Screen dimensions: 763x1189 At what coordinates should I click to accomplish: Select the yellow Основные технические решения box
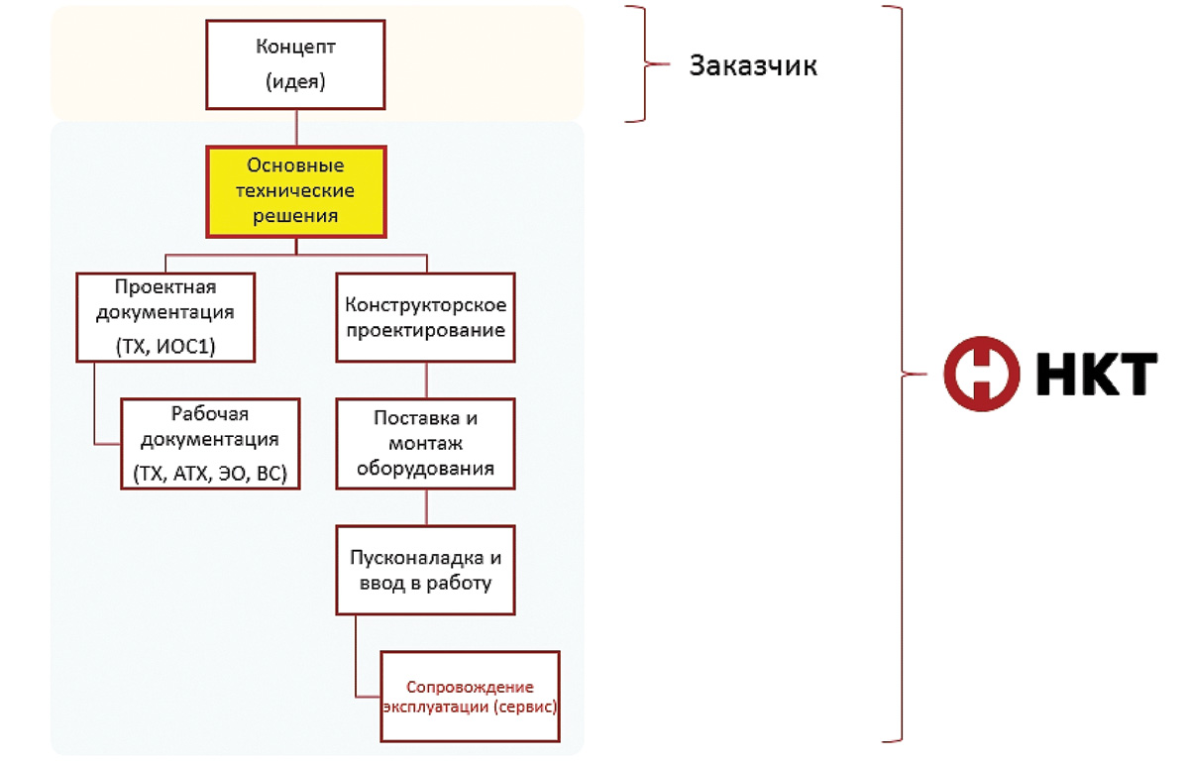(x=295, y=190)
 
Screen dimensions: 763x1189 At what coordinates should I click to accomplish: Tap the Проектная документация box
(x=165, y=316)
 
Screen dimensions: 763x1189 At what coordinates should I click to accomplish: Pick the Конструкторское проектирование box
(x=426, y=316)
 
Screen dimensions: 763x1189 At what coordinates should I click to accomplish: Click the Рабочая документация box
(x=210, y=443)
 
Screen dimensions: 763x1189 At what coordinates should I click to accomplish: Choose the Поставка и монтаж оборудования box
(x=426, y=443)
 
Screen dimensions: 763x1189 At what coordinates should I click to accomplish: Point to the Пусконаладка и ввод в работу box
(x=426, y=569)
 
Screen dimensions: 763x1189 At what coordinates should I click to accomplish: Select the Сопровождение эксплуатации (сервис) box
(x=471, y=696)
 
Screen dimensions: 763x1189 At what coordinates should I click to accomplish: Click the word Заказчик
(x=753, y=66)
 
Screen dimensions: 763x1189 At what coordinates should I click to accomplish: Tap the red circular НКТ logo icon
(x=981, y=374)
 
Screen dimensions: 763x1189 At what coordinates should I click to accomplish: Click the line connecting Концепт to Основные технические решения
(x=295, y=127)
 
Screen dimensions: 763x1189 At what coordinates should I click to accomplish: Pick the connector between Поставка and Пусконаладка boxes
(x=426, y=506)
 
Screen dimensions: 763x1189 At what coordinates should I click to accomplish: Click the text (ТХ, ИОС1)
(x=165, y=347)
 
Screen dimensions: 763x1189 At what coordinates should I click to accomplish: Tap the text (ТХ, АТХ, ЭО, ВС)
(x=210, y=474)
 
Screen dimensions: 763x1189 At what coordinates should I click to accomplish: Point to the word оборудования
(x=426, y=469)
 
